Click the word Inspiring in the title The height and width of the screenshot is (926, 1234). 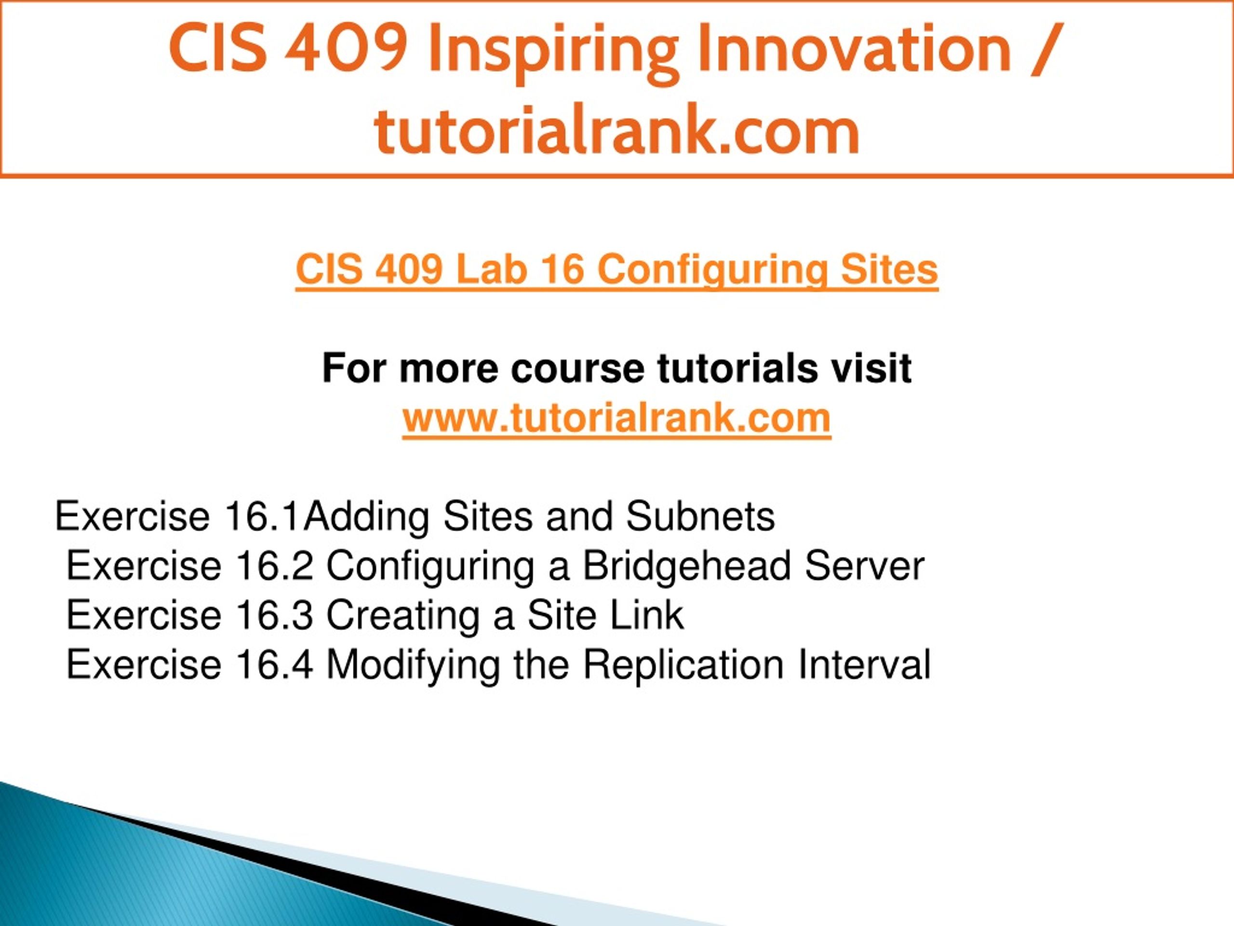pos(553,51)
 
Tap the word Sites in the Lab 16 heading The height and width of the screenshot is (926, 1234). pos(889,269)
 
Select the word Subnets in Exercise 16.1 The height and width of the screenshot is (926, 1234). pos(700,517)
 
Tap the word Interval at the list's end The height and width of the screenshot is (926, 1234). pos(864,664)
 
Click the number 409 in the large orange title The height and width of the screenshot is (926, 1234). pos(346,49)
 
